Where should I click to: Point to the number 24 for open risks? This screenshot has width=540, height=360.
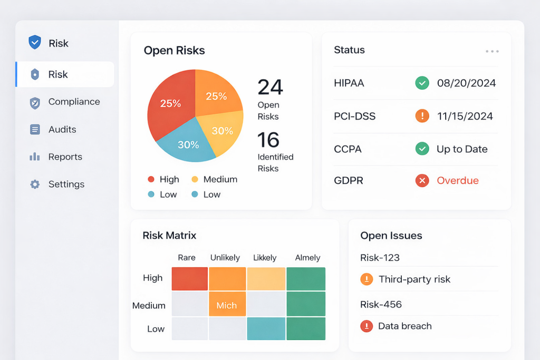(270, 87)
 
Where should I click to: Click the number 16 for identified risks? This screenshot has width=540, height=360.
(268, 140)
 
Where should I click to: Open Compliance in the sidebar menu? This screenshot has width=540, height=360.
(74, 102)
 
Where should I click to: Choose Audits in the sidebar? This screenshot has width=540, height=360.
(62, 129)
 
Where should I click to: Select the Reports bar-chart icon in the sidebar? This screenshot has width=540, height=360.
(35, 157)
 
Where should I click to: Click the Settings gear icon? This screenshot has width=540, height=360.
(35, 184)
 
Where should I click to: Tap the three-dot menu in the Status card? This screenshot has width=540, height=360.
(492, 51)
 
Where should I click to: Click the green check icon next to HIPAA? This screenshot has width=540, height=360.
(422, 83)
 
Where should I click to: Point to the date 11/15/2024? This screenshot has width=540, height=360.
(465, 116)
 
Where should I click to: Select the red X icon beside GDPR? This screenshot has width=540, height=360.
(422, 180)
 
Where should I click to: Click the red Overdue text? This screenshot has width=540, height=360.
(457, 180)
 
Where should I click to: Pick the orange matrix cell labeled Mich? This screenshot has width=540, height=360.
(227, 305)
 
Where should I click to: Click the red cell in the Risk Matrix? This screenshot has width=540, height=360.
(190, 278)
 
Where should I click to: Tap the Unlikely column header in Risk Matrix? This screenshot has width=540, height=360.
(225, 258)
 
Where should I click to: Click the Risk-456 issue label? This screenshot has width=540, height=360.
(381, 304)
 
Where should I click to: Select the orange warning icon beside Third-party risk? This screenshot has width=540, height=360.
(367, 279)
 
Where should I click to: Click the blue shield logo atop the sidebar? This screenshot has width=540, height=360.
(35, 43)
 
